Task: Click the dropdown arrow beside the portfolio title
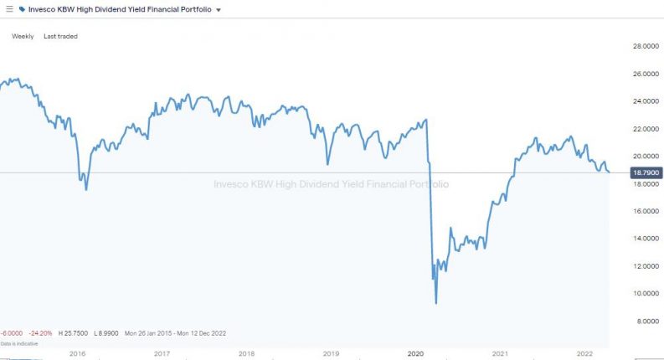[x=219, y=10]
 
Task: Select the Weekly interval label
[x=23, y=36]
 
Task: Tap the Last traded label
[x=60, y=36]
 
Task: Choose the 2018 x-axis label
[x=246, y=354]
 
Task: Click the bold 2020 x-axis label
[x=415, y=354]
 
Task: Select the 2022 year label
[x=585, y=354]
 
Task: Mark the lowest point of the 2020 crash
[x=436, y=302]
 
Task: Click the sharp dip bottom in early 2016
[x=86, y=189]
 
